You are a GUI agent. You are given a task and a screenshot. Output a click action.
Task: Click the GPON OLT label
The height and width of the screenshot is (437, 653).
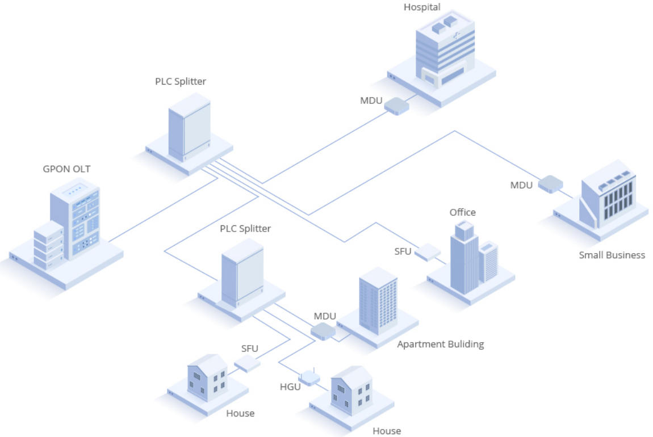point(66,169)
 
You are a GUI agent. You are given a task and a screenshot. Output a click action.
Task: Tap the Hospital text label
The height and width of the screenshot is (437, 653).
point(422,7)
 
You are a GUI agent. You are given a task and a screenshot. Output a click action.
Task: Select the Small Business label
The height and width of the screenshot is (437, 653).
point(612,255)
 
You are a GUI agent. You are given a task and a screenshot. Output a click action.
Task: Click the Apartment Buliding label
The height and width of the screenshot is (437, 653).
point(440,344)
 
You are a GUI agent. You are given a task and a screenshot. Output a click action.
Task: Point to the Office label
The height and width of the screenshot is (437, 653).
point(462,212)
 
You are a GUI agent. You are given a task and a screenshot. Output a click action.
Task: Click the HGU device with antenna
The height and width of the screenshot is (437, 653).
point(309,377)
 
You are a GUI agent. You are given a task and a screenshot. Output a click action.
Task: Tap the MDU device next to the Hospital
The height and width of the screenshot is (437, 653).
point(396,105)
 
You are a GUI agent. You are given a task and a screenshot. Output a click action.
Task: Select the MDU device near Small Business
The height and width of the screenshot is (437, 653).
point(550,184)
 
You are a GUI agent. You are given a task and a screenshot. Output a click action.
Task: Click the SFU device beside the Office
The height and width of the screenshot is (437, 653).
point(428,252)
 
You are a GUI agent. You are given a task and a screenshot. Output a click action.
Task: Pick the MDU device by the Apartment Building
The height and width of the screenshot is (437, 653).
point(323,331)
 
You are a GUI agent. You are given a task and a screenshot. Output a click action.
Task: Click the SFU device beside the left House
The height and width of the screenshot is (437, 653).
point(248,364)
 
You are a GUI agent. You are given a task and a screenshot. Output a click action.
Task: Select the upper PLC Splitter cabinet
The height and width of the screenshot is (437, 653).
point(189,127)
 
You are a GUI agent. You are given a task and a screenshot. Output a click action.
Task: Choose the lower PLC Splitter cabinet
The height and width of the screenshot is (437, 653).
point(242,273)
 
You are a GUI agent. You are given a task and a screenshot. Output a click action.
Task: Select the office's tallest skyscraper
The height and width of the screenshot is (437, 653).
point(464,258)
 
